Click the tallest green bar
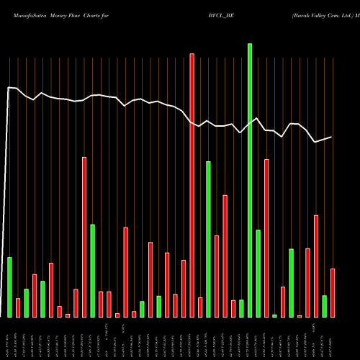250,180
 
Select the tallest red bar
192,185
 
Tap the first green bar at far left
9,287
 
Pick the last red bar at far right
333,292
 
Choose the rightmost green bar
324,306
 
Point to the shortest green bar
274,315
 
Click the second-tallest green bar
208,239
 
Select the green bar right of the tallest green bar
258,273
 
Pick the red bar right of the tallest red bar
200,307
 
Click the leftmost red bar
18,307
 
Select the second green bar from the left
26,302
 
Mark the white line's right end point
331,137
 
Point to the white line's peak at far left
9,88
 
